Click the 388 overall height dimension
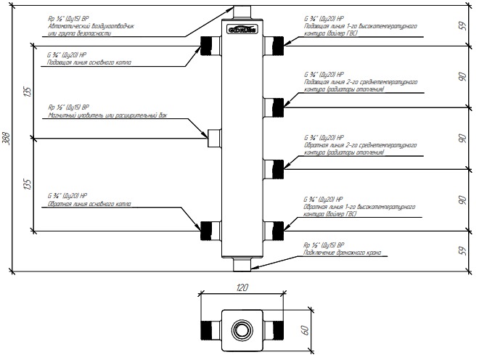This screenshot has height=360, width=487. click(7, 140)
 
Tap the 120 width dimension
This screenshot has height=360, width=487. click(242, 287)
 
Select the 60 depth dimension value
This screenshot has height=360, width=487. click(306, 330)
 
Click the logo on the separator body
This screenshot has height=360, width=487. click(242, 30)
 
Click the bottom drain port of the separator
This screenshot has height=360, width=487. click(242, 262)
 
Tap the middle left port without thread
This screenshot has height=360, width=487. click(213, 136)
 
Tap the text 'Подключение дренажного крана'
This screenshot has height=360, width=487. click(341, 254)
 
